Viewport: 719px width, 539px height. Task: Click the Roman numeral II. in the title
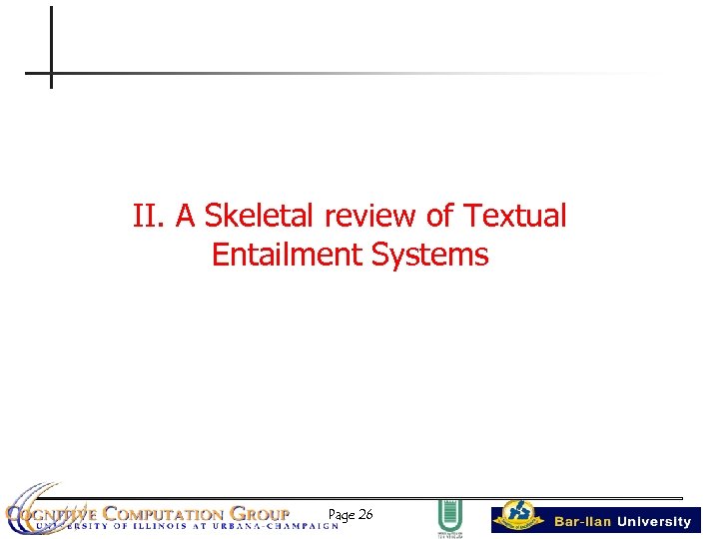click(150, 216)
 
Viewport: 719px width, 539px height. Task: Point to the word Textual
click(517, 216)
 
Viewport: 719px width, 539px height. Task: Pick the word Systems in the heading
click(429, 256)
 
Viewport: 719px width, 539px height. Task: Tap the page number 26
click(364, 515)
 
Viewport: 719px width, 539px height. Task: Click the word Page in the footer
click(341, 515)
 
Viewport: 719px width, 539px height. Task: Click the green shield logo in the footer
click(448, 516)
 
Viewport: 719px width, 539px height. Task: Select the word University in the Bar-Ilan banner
click(654, 521)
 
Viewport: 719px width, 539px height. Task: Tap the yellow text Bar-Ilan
click(583, 521)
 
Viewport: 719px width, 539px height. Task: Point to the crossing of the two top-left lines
click(50, 73)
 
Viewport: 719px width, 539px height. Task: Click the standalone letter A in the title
click(187, 216)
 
